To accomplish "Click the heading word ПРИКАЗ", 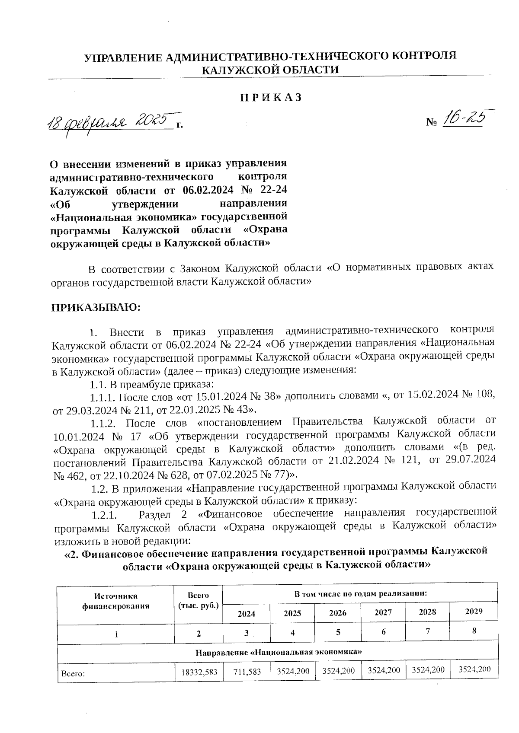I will coord(271,98).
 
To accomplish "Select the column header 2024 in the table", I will coord(246,614).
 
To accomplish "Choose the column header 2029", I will coord(474,611).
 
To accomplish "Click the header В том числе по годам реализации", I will coord(360,593).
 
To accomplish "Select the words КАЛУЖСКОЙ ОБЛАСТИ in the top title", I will coord(270,70).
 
